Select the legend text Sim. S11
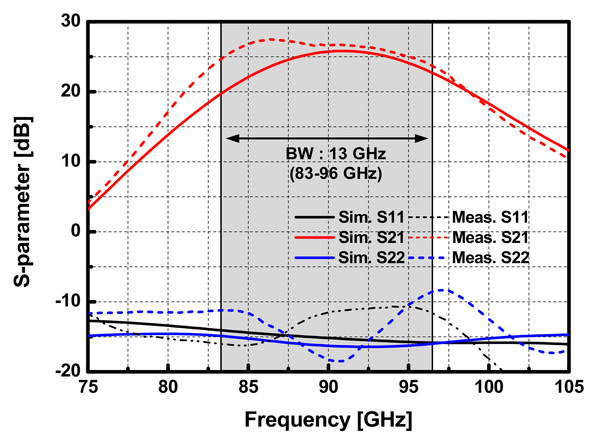[x=371, y=217]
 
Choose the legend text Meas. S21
[x=490, y=238]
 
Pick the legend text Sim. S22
[x=371, y=258]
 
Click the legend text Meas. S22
[x=490, y=258]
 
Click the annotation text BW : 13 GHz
[x=336, y=154]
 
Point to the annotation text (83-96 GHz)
[x=336, y=173]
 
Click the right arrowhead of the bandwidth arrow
[x=422, y=139]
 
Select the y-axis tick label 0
[x=76, y=231]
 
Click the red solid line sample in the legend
[x=314, y=238]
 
